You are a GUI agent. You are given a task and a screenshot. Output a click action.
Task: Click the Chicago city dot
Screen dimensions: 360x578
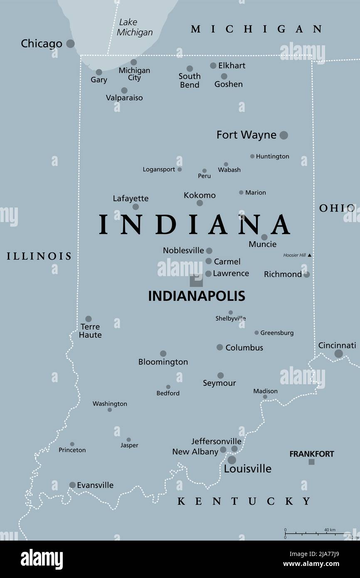pyautogui.click(x=71, y=43)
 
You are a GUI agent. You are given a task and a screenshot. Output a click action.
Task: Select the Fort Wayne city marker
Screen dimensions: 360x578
pyautogui.click(x=284, y=135)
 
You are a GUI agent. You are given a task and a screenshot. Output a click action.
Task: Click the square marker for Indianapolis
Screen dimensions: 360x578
pyautogui.click(x=196, y=280)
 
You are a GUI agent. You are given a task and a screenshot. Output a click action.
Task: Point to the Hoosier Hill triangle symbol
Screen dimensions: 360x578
pyautogui.click(x=309, y=255)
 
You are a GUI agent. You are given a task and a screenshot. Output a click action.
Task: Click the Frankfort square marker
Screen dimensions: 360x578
pyautogui.click(x=311, y=462)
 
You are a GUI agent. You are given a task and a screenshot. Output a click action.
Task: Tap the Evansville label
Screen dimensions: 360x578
pyautogui.click(x=95, y=485)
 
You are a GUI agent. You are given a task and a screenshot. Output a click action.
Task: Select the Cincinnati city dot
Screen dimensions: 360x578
pyautogui.click(x=339, y=353)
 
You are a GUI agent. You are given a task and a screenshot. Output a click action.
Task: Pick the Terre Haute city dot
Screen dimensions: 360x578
pyautogui.click(x=89, y=319)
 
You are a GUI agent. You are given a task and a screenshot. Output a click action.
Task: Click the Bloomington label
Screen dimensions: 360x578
pyautogui.click(x=163, y=362)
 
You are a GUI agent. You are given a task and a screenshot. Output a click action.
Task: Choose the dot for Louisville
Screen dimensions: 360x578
pyautogui.click(x=232, y=460)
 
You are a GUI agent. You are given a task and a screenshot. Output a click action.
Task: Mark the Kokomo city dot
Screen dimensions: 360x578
pyautogui.click(x=200, y=203)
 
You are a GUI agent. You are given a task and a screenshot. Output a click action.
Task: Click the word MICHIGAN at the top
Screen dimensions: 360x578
pyautogui.click(x=256, y=29)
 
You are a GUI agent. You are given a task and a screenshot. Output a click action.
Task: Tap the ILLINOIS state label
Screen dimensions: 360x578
pyautogui.click(x=39, y=256)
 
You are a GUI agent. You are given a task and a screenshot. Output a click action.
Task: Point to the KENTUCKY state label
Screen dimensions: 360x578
pyautogui.click(x=244, y=501)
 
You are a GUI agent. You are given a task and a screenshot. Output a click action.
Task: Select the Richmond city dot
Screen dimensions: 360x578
pyautogui.click(x=306, y=274)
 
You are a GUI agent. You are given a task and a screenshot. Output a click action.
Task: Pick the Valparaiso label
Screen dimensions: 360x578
pyautogui.click(x=124, y=98)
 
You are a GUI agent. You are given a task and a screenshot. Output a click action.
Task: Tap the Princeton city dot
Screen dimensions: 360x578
pyautogui.click(x=72, y=444)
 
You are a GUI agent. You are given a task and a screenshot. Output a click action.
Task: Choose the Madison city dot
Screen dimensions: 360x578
pyautogui.click(x=265, y=397)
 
